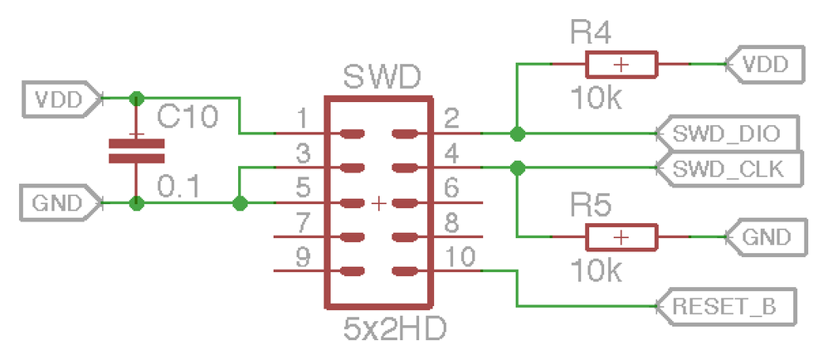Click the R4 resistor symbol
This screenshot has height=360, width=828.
click(621, 64)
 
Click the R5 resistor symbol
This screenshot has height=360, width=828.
click(621, 237)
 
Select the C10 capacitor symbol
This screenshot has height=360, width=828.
click(136, 151)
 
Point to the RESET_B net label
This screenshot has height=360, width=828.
click(725, 306)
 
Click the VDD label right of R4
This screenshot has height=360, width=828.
click(765, 64)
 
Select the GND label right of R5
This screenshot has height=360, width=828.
click(765, 237)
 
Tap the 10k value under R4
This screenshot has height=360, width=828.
click(596, 99)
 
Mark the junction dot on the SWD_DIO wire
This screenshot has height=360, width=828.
click(517, 133)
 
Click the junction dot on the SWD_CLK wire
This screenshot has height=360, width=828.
click(517, 168)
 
